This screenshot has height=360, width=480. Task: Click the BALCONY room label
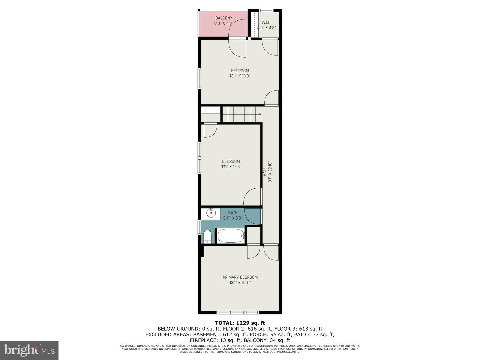[223, 18]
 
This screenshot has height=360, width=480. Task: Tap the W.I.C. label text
[266, 22]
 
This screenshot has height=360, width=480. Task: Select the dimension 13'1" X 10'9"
[240, 76]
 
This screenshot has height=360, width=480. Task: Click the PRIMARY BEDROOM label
[240, 277]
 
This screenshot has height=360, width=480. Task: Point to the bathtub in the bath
[230, 236]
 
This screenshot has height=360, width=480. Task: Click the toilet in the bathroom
[207, 237]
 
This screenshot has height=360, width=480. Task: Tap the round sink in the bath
[211, 214]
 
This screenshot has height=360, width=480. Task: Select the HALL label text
[265, 172]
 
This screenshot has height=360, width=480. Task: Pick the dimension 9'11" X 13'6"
[231, 167]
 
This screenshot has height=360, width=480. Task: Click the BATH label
[233, 213]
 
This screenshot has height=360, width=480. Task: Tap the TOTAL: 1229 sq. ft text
[240, 323]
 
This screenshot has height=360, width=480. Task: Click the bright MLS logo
[29, 350]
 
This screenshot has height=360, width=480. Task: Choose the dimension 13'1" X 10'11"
[240, 282]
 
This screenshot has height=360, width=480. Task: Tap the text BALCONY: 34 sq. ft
[267, 340]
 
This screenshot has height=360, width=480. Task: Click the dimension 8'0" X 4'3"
[223, 23]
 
